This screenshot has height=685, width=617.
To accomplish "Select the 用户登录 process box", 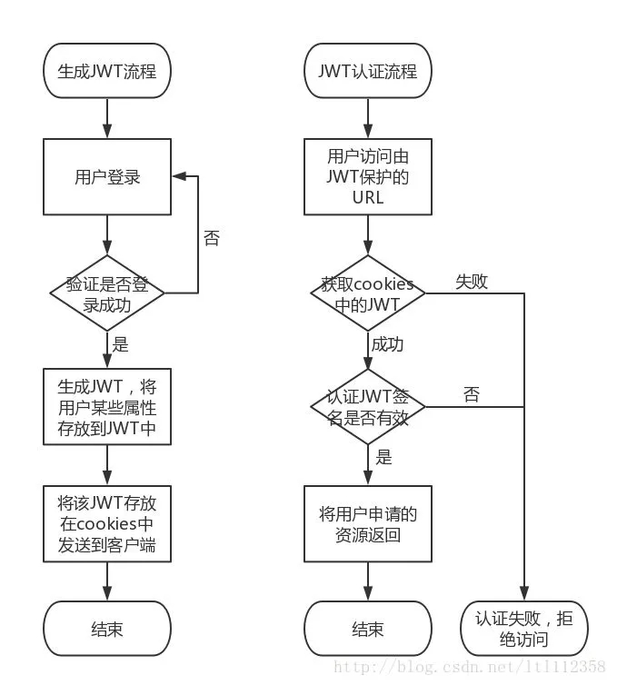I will (107, 178).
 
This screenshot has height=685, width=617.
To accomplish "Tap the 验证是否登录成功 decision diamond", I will (107, 293).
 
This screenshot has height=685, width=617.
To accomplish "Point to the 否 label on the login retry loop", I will (211, 239).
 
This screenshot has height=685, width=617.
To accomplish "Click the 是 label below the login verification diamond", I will (120, 345).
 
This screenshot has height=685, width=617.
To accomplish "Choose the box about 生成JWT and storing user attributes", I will (107, 407).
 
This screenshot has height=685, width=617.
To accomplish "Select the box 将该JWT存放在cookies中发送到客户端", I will (107, 524).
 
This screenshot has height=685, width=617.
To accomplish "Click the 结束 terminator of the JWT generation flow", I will (107, 629).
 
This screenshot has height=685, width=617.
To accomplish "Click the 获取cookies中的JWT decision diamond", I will (368, 293).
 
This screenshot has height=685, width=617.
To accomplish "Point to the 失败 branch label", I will (472, 282).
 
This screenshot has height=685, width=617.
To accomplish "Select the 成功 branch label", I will (387, 345).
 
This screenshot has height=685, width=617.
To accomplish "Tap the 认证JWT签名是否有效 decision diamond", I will (368, 406).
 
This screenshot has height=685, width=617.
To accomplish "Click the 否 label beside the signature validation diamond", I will (472, 394).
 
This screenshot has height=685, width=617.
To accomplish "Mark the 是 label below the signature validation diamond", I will (383, 457).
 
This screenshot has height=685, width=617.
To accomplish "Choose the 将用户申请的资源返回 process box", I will (368, 524).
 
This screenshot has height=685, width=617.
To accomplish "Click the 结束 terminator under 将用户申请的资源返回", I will (368, 629).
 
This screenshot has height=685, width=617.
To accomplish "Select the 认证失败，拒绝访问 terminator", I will (524, 628).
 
